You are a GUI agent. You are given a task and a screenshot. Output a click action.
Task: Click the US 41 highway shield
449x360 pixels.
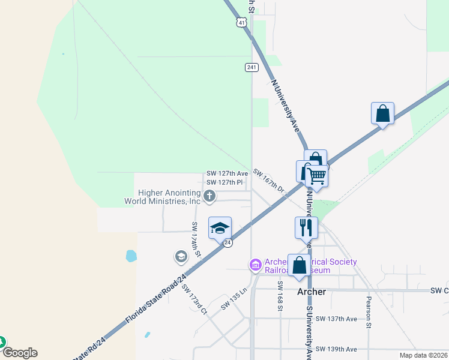(241, 23)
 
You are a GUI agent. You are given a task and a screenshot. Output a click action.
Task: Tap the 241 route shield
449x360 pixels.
(252, 67)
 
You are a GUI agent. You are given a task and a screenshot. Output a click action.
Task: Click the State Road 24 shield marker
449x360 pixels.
(228, 242)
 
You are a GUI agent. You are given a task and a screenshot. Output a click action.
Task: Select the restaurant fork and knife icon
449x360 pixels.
(305, 227)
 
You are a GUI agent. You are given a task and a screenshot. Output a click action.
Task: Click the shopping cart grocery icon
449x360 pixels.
(316, 176)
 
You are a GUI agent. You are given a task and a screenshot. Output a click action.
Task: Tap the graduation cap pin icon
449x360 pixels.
(220, 228)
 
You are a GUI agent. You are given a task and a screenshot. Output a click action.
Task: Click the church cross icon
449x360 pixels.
(209, 195)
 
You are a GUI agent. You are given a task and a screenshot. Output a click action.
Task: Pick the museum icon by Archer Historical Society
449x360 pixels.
(255, 265)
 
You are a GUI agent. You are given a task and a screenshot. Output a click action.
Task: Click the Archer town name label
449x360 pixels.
(312, 292)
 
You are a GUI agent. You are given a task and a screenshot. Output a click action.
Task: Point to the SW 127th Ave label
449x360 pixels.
(227, 173)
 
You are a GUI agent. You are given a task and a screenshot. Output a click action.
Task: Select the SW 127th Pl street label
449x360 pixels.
(224, 182)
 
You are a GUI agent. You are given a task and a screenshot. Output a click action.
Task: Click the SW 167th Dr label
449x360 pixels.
(268, 180)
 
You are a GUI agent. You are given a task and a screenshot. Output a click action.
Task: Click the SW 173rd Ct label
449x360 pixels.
(193, 299)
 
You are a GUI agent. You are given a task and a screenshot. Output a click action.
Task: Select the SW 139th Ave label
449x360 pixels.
(336, 349)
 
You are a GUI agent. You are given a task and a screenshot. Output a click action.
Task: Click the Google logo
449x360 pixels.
(20, 353)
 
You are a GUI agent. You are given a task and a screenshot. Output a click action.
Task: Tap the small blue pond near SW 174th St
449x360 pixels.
(131, 256)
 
